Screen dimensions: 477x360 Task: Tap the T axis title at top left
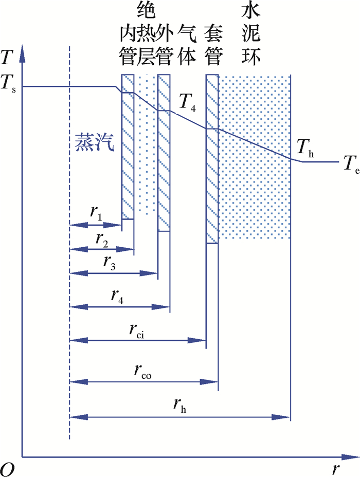pyautogui.click(x=7, y=57)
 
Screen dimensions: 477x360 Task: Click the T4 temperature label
pyautogui.click(x=186, y=104)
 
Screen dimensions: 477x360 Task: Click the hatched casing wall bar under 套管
pyautogui.click(x=212, y=159)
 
